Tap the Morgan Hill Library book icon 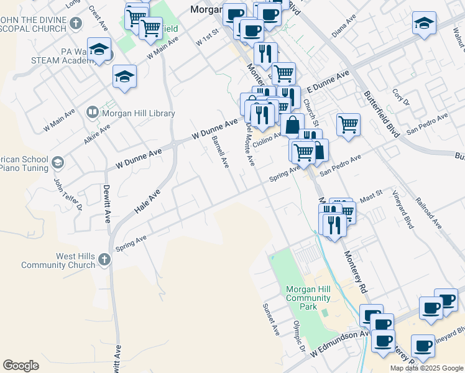point(93,112)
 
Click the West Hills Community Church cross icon point(104,259)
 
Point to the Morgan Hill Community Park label point(308,298)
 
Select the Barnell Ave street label point(220,152)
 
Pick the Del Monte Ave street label point(250,144)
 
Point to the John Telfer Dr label point(68,194)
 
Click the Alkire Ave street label point(97,134)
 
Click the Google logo point(21,365)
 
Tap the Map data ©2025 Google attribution point(426,368)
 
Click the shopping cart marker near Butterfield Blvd point(349,123)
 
